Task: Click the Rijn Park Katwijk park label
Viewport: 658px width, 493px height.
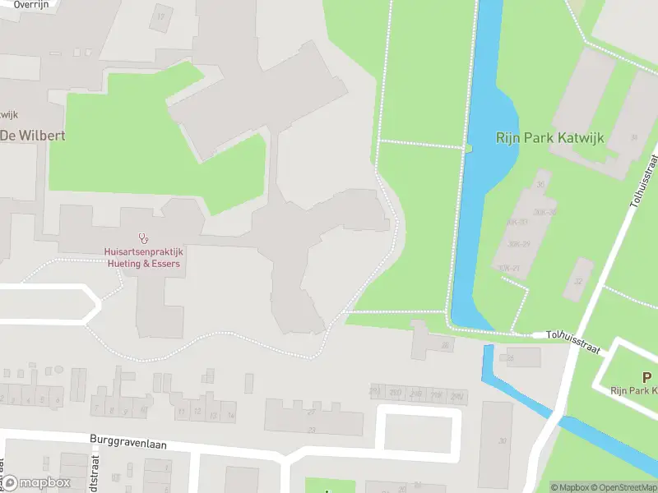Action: [549, 138]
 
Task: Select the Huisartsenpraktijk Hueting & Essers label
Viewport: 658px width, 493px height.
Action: [142, 257]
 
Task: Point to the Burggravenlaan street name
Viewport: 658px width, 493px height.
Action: [128, 444]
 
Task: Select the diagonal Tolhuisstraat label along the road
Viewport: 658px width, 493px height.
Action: [642, 178]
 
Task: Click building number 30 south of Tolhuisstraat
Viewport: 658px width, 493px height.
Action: [503, 441]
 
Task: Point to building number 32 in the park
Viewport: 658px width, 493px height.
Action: [578, 281]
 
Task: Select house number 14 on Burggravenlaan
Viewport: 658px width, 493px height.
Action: [230, 417]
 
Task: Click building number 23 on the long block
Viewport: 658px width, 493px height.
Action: [311, 429]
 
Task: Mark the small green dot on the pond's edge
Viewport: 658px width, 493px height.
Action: [468, 148]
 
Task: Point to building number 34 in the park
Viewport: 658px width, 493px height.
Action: [633, 138]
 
